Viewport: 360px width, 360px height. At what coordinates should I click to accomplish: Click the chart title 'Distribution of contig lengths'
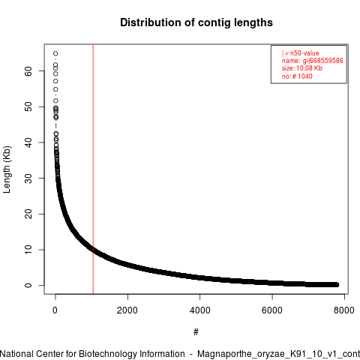(x=196, y=22)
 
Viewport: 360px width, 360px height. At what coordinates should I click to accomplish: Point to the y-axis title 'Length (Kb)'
(x=7, y=169)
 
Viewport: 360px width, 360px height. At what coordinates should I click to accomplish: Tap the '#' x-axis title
(x=196, y=331)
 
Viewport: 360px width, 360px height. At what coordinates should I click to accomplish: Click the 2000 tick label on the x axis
(x=127, y=310)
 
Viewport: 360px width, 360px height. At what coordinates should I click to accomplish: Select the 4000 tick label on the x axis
(x=199, y=310)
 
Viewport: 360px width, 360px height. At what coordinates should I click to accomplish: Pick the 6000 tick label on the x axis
(x=272, y=310)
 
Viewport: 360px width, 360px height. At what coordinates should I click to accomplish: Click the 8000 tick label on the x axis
(x=344, y=310)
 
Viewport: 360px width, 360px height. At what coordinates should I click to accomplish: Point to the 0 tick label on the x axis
(x=55, y=310)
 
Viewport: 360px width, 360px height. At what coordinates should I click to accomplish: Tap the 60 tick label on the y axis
(x=28, y=71)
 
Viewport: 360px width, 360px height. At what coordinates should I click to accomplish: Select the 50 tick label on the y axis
(x=28, y=106)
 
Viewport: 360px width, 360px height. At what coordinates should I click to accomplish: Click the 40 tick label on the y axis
(x=28, y=142)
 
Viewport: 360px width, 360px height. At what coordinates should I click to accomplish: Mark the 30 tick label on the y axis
(x=28, y=178)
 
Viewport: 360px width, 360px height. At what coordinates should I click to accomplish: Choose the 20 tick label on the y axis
(x=28, y=214)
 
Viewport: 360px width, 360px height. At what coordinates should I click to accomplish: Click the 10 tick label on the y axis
(x=28, y=250)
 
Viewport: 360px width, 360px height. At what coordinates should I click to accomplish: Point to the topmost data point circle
(x=55, y=53)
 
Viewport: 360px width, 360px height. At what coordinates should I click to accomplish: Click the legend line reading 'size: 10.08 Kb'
(x=302, y=68)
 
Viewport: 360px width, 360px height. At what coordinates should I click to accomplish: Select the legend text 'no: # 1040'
(x=297, y=76)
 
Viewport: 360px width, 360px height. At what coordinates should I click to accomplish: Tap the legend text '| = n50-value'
(x=301, y=53)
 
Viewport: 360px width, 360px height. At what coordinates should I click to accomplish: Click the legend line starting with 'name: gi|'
(x=313, y=61)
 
